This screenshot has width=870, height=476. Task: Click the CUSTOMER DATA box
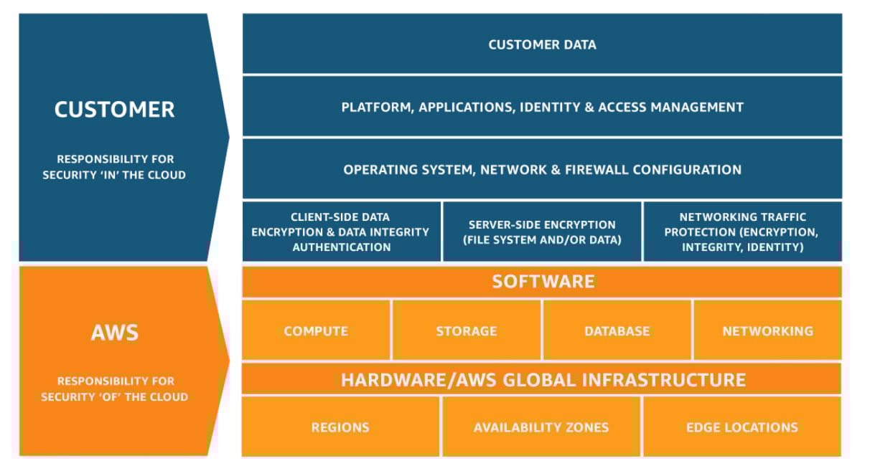tap(542, 44)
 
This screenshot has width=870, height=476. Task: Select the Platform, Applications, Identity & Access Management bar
tap(542, 108)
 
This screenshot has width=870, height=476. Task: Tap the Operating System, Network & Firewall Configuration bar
tap(542, 170)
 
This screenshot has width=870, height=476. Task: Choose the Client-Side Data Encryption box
tap(341, 232)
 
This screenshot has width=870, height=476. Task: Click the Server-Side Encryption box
tap(542, 232)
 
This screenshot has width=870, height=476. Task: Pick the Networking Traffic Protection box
tap(742, 232)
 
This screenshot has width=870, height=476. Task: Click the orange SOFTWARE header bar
tap(543, 281)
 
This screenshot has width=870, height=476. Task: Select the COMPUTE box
tap(316, 331)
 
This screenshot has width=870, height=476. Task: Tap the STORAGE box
tap(466, 331)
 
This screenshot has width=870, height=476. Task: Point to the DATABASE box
tap(617, 331)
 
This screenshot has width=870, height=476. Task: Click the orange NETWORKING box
tap(767, 331)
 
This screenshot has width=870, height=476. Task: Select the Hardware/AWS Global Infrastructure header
tap(543, 379)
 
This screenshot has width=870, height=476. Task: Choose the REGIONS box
tap(340, 427)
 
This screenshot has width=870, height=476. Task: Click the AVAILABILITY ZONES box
tap(541, 427)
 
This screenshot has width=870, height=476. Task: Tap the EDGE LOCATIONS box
tap(742, 427)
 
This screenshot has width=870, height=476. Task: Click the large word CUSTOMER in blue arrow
tap(114, 110)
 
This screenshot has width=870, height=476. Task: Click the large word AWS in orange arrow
tap(114, 333)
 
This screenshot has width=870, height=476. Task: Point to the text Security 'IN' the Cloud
tap(114, 175)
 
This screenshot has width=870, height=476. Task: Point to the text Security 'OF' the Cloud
tap(114, 397)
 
